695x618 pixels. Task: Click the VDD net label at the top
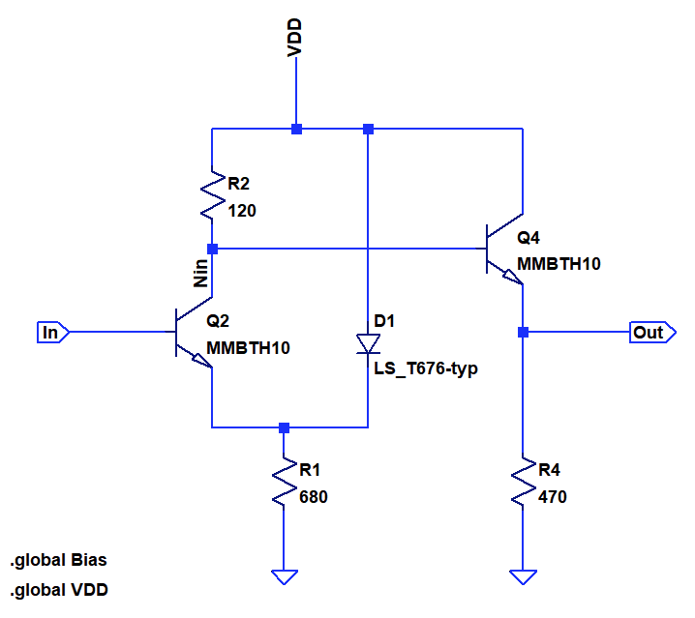point(294,38)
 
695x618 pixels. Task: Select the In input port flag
point(52,333)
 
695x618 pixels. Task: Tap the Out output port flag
point(652,333)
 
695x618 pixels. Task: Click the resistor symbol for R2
point(212,195)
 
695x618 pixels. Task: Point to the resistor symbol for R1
point(285,481)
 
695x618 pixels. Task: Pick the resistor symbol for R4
point(523,481)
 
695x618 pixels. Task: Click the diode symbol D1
point(368,343)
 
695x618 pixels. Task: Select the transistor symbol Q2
point(194,333)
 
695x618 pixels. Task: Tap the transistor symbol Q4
point(504,249)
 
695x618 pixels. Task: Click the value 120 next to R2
point(242,211)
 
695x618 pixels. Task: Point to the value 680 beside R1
point(314,497)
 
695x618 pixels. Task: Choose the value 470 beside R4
point(553,497)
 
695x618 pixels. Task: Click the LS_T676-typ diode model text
point(426,368)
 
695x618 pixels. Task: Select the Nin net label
point(200,274)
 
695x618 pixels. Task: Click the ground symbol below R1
point(285,577)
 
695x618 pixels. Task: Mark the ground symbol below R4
point(523,577)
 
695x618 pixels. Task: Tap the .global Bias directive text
point(58,560)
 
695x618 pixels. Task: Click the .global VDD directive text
point(59,590)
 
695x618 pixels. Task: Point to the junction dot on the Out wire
point(523,333)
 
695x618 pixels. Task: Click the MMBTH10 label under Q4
point(559,264)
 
